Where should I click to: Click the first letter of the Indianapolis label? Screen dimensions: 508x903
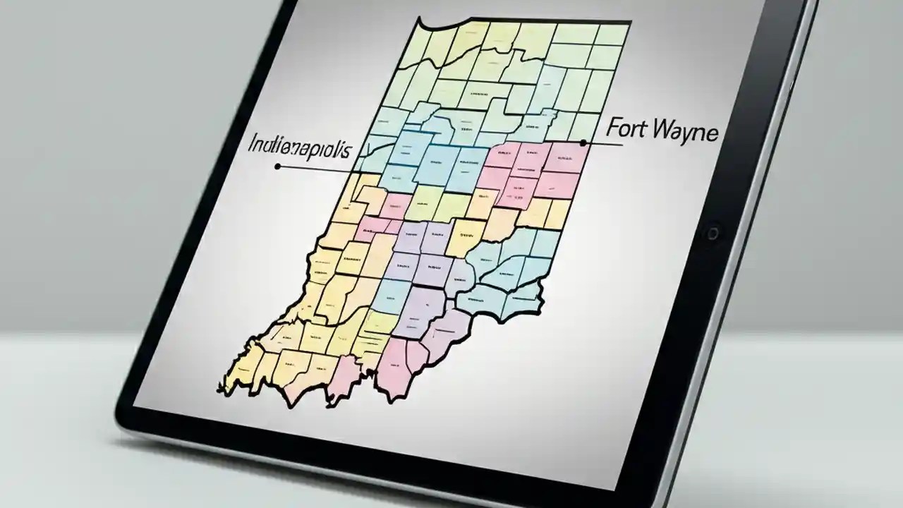pyautogui.click(x=252, y=145)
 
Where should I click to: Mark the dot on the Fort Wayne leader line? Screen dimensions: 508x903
pyautogui.click(x=583, y=143)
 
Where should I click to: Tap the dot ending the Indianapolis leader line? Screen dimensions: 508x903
pyautogui.click(x=277, y=167)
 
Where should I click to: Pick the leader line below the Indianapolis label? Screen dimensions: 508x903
pyautogui.click(x=317, y=169)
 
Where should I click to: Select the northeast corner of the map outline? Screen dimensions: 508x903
pyautogui.click(x=629, y=23)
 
